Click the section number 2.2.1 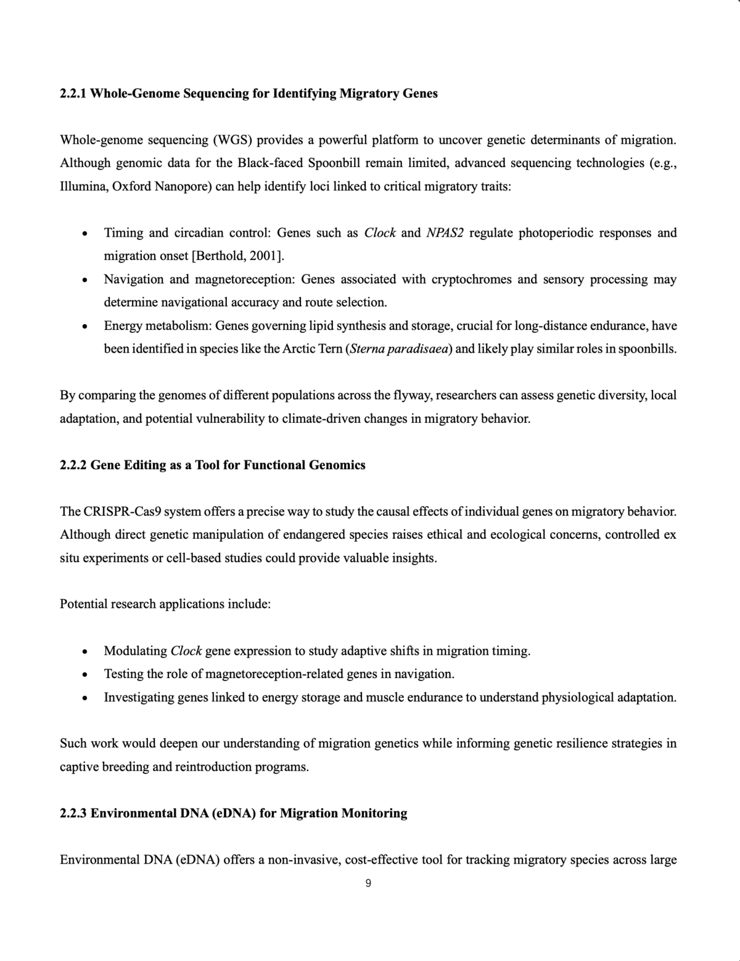click(73, 94)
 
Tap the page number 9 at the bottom click(368, 883)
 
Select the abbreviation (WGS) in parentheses click(232, 140)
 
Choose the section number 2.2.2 click(73, 465)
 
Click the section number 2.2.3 click(73, 814)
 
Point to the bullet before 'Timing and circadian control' click(83, 234)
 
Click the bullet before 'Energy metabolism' click(83, 326)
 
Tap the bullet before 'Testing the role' click(83, 674)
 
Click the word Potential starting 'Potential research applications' click(83, 604)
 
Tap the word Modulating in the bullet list click(135, 651)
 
